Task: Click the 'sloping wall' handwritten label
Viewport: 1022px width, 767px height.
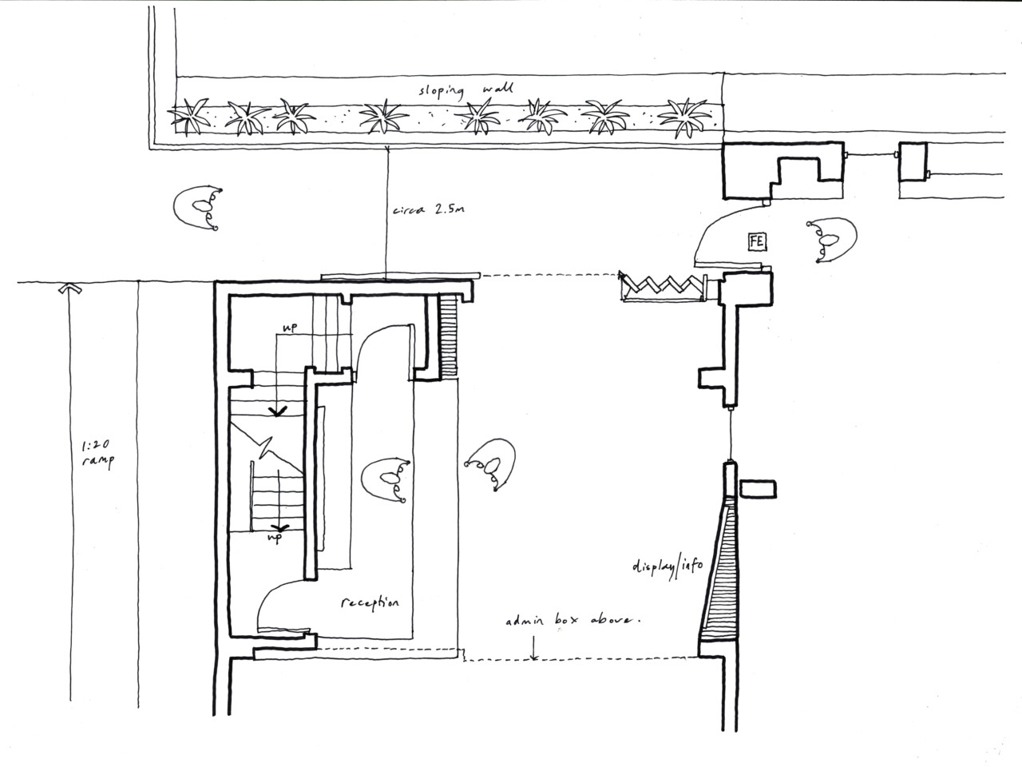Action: [x=465, y=89]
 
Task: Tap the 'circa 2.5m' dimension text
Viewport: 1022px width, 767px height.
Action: [x=428, y=209]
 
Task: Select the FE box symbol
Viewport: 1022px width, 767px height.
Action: [x=757, y=241]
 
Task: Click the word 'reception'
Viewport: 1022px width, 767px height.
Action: [x=370, y=602]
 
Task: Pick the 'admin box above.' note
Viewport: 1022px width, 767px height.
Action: [x=572, y=620]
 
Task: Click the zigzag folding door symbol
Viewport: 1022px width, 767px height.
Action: [x=663, y=286]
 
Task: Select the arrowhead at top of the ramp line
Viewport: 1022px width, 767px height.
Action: [x=69, y=288]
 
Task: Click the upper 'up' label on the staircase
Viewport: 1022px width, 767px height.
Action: [x=290, y=327]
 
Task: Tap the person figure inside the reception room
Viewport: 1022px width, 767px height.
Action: [x=386, y=481]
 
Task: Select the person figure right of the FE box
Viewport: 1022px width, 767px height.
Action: [x=831, y=240]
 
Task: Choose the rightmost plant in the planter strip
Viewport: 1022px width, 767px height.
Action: [x=685, y=117]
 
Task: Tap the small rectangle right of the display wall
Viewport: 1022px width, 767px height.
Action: [x=758, y=490]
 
